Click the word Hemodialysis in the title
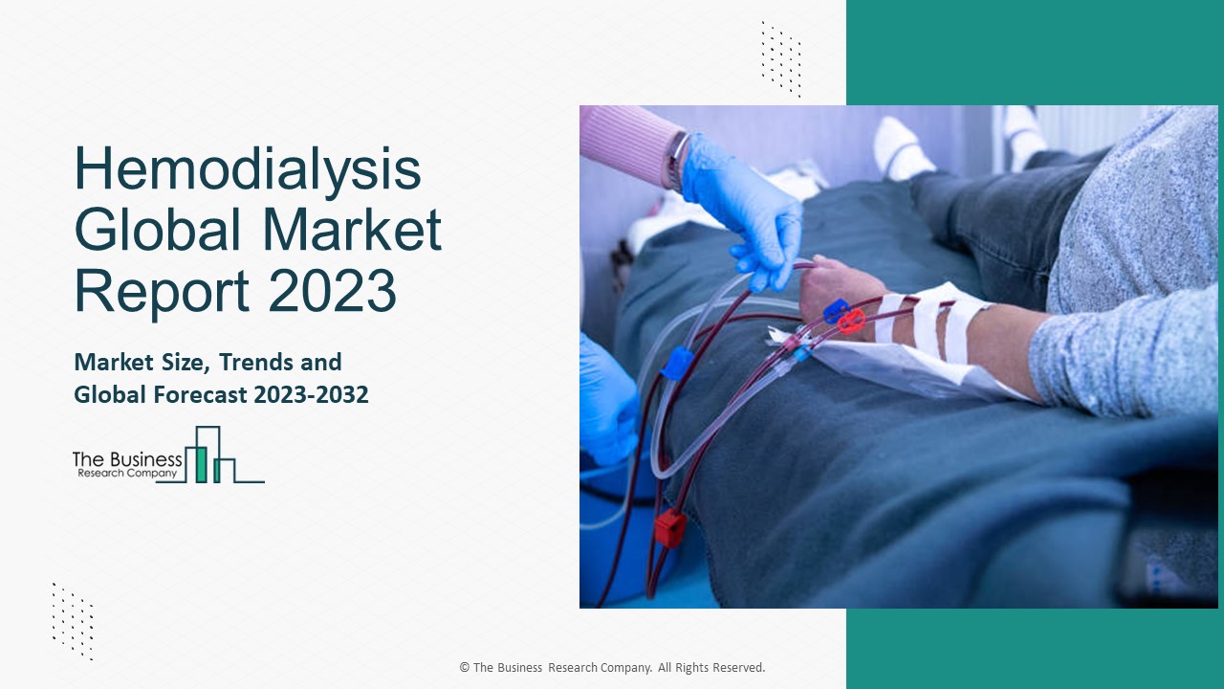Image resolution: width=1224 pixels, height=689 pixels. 247,169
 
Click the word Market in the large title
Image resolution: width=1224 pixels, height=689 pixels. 352,230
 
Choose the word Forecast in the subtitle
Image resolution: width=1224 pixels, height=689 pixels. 203,394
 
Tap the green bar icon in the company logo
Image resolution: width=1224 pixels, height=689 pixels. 201,463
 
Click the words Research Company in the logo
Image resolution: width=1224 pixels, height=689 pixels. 126,473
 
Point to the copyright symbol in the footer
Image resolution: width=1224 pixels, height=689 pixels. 465,668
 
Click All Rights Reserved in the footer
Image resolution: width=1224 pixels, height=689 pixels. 711,668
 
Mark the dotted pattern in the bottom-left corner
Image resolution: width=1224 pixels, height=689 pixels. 73,621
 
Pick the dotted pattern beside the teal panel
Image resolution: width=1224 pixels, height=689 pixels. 781,58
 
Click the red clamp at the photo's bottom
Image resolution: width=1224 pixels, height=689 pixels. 669,527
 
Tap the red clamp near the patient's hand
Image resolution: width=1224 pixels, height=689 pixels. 850,320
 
